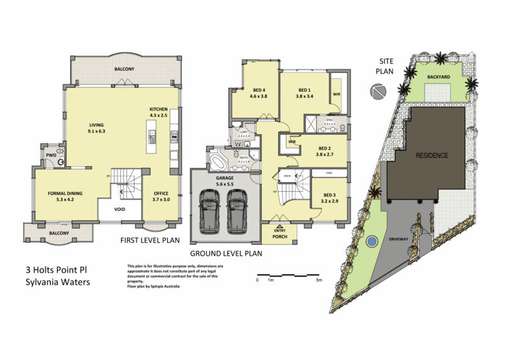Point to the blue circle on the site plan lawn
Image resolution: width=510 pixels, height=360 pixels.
[371, 242]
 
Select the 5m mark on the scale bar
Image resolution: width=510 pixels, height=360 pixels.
[319, 280]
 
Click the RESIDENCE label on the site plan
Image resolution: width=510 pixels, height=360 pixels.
[432, 155]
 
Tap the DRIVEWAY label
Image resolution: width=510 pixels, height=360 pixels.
[397, 240]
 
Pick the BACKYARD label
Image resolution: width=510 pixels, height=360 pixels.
[438, 76]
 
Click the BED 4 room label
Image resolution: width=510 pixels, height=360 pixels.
[258, 90]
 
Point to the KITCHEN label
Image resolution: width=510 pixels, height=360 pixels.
[157, 109]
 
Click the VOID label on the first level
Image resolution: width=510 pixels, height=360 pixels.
[119, 210]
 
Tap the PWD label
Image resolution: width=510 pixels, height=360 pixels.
[48, 154]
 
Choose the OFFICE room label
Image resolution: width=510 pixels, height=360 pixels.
[161, 193]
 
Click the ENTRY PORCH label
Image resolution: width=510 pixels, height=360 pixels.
[279, 233]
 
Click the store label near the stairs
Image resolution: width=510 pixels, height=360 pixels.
[288, 175]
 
